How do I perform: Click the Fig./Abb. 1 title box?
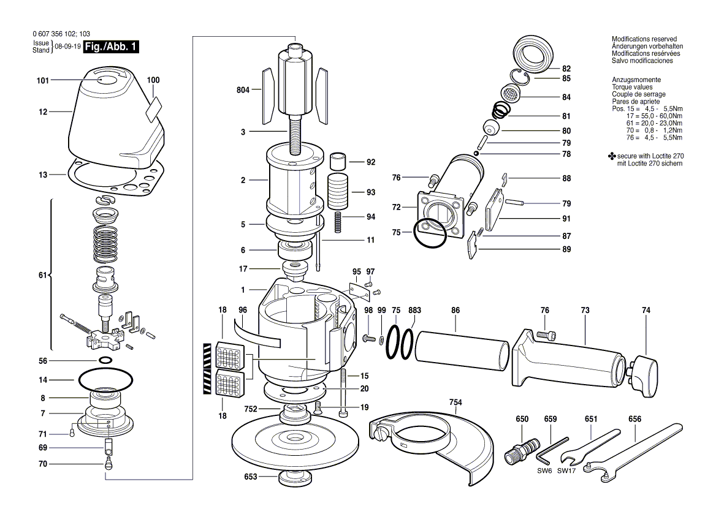pos(111,47)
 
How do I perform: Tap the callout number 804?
pos(243,90)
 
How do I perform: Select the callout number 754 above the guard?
pos(455,402)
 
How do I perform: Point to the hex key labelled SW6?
pos(552,450)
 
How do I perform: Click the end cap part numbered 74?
pos(643,376)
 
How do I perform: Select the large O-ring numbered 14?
pos(105,379)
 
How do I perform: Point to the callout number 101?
pos(42,81)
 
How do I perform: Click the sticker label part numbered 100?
pos(154,109)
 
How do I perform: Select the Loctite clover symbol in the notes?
pos(612,156)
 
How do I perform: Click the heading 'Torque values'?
pos(632,87)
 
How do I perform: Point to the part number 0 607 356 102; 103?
pos(62,34)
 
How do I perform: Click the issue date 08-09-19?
pos(67,47)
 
